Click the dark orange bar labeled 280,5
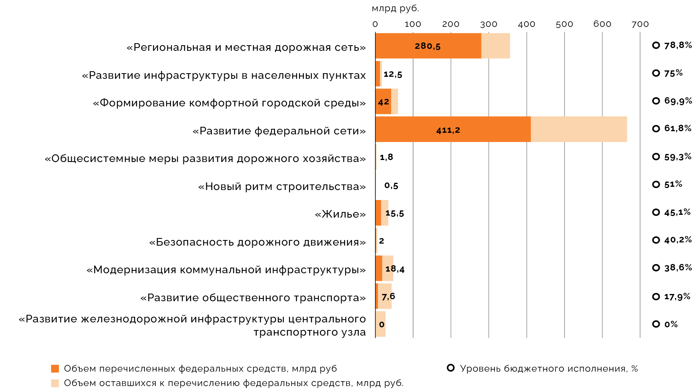(x=428, y=46)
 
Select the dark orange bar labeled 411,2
(x=453, y=130)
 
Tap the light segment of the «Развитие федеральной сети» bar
(x=578, y=130)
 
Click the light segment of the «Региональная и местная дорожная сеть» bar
(x=496, y=46)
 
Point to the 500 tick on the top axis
(x=564, y=24)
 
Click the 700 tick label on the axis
(x=640, y=24)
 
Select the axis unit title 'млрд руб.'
(x=395, y=8)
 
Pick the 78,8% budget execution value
(x=678, y=45)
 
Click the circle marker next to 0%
(x=656, y=324)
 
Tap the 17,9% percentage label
(x=677, y=296)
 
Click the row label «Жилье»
(x=340, y=214)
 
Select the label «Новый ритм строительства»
(x=282, y=186)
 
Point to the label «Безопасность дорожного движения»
(x=257, y=242)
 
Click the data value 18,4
(x=395, y=269)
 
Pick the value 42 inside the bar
(x=384, y=102)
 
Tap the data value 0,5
(x=391, y=186)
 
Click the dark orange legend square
(x=55, y=368)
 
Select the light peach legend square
(x=55, y=383)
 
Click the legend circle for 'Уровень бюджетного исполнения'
(x=451, y=368)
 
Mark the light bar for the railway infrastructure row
(x=381, y=324)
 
